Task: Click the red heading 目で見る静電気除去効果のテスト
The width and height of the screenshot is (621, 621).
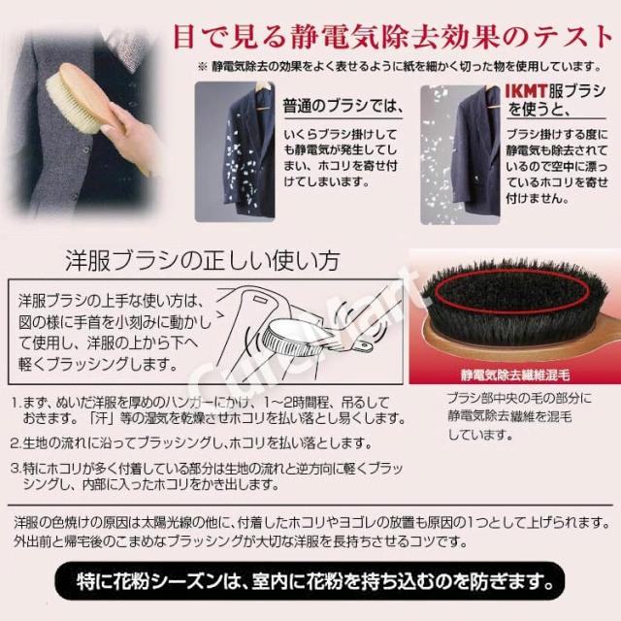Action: [396, 36]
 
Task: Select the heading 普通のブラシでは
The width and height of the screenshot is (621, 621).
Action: [340, 104]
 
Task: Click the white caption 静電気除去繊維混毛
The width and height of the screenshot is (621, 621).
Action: [515, 371]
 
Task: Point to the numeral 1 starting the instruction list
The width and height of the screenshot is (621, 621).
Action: [16, 401]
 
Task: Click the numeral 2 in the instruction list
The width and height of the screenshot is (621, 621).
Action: [16, 442]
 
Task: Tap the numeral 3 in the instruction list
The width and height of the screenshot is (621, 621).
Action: [16, 467]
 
